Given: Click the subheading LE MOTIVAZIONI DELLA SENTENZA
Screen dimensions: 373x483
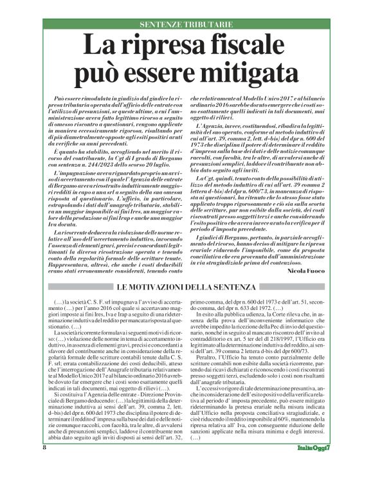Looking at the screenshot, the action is [186, 268].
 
